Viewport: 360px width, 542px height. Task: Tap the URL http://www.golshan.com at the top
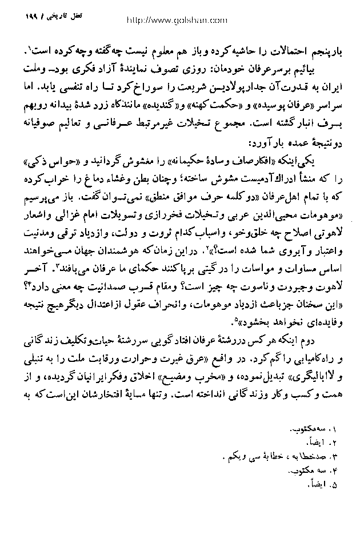click(179, 19)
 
